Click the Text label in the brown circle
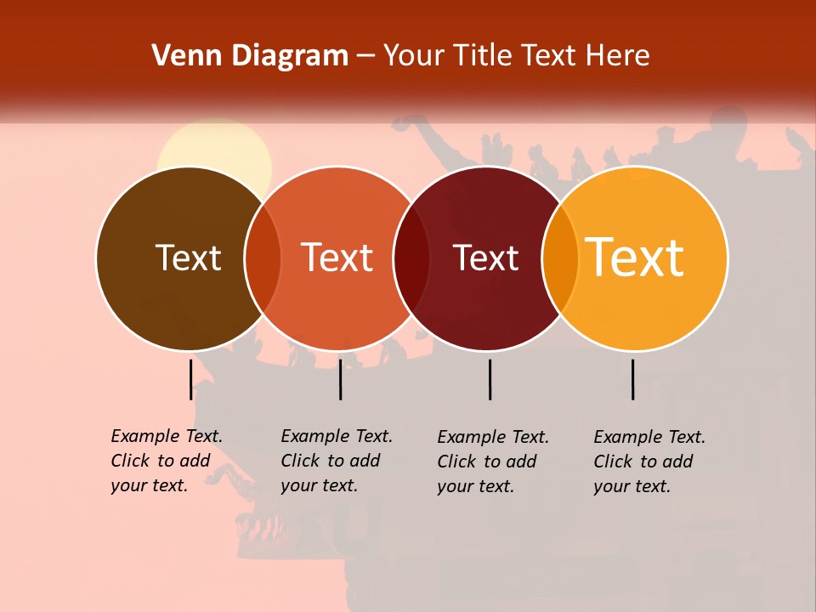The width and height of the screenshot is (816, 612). (188, 258)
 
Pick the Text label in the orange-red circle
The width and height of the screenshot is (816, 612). (337, 258)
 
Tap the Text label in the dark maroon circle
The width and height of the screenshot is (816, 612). (485, 258)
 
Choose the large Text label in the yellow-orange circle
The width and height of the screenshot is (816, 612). (635, 258)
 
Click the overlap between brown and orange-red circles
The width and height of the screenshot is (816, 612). (263, 258)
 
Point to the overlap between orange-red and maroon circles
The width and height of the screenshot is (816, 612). (411, 258)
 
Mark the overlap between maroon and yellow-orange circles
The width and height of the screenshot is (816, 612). (561, 258)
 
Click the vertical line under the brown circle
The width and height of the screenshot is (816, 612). (190, 379)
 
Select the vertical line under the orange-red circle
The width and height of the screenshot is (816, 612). (340, 379)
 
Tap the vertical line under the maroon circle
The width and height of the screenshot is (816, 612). (490, 379)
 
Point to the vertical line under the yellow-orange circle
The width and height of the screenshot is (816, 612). (632, 379)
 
